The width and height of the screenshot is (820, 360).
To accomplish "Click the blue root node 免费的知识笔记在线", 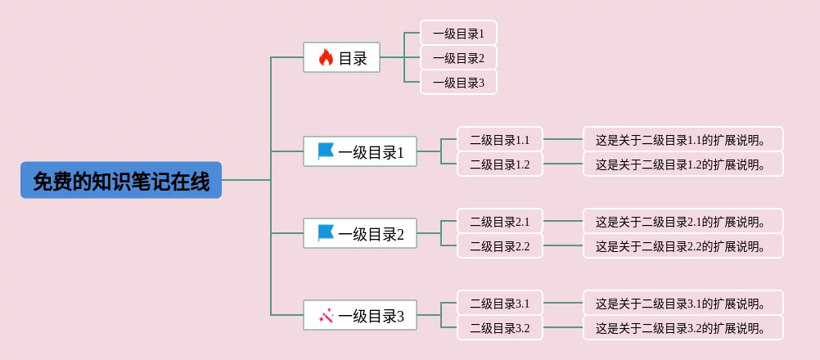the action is [121, 180].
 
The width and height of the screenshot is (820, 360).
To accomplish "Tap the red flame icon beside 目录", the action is [326, 57].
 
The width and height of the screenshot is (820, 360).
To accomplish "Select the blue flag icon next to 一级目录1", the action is [325, 151].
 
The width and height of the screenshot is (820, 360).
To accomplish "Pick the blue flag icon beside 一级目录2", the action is [325, 233].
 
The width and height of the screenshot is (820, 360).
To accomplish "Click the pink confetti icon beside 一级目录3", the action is [326, 315].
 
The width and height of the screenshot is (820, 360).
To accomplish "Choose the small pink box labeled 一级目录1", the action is [458, 33].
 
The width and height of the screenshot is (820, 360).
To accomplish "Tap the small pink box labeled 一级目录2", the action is [458, 57].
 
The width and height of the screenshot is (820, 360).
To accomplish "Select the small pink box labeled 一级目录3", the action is [458, 82].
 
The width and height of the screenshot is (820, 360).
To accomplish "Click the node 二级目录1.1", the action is [500, 140].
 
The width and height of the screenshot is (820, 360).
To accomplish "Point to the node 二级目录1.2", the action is [500, 164].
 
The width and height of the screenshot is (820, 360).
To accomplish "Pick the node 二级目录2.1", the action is [500, 221].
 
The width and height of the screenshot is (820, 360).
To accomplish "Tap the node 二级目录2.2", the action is [500, 246].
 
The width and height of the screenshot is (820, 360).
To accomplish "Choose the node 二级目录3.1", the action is [500, 303].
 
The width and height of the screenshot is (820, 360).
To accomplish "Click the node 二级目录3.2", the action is [500, 327].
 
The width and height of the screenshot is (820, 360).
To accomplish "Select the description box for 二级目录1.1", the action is [683, 140].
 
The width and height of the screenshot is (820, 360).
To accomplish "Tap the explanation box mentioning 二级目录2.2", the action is [683, 246].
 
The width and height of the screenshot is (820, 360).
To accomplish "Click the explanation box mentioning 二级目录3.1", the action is [683, 303].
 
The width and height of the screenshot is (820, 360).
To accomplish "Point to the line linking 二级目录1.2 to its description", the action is [563, 164].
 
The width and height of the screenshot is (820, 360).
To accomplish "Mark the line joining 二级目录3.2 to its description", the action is [563, 327].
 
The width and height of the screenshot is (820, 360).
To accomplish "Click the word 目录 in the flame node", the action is [353, 58].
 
